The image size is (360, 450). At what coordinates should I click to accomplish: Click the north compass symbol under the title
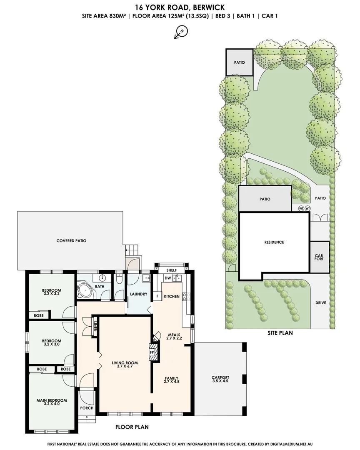coord(181,32)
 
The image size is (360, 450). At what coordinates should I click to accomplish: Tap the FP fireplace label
coord(152,352)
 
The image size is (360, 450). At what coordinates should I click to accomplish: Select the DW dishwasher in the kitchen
coord(168,278)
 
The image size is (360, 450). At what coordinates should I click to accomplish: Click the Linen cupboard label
coord(95,327)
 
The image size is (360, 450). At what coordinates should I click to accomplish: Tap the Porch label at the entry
coord(87,408)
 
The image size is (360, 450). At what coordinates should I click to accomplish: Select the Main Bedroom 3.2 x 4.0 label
coord(52,402)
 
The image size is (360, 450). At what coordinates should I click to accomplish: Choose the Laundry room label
coord(139,294)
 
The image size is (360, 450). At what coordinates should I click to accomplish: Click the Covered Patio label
coord(71,241)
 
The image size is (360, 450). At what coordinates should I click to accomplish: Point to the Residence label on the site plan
coord(274,242)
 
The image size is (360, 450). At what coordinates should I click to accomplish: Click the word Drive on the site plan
coord(320,303)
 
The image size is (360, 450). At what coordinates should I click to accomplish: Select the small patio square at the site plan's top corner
coord(240,62)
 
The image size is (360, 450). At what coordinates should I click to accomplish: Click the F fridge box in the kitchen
coord(157,296)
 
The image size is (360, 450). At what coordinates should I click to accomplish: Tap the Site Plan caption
coord(280,333)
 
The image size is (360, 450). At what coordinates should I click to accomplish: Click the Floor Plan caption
coord(132,427)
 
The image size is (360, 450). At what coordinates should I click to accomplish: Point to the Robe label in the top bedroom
coord(39,316)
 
